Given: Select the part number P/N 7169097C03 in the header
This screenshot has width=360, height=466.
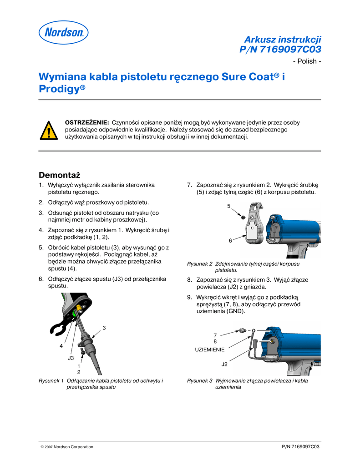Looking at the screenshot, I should (280, 49).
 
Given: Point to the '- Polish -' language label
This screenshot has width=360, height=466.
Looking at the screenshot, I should (307, 61).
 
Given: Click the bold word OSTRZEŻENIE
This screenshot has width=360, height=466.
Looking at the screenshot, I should (87, 122).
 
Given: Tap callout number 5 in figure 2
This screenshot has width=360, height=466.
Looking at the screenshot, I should (229, 207).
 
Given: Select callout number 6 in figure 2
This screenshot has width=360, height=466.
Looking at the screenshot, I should (230, 240).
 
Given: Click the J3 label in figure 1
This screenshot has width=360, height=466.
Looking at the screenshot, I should (71, 358).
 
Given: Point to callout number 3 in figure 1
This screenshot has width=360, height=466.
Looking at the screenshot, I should (104, 328).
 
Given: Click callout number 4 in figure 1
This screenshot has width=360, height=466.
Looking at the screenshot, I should (61, 346).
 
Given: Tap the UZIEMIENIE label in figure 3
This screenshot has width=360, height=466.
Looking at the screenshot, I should (210, 349).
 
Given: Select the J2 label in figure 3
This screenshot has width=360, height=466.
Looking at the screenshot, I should (224, 365).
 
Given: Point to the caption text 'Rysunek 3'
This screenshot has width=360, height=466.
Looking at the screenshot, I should (200, 380).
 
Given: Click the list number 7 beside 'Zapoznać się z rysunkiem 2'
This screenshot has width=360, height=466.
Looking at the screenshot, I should (189, 185).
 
